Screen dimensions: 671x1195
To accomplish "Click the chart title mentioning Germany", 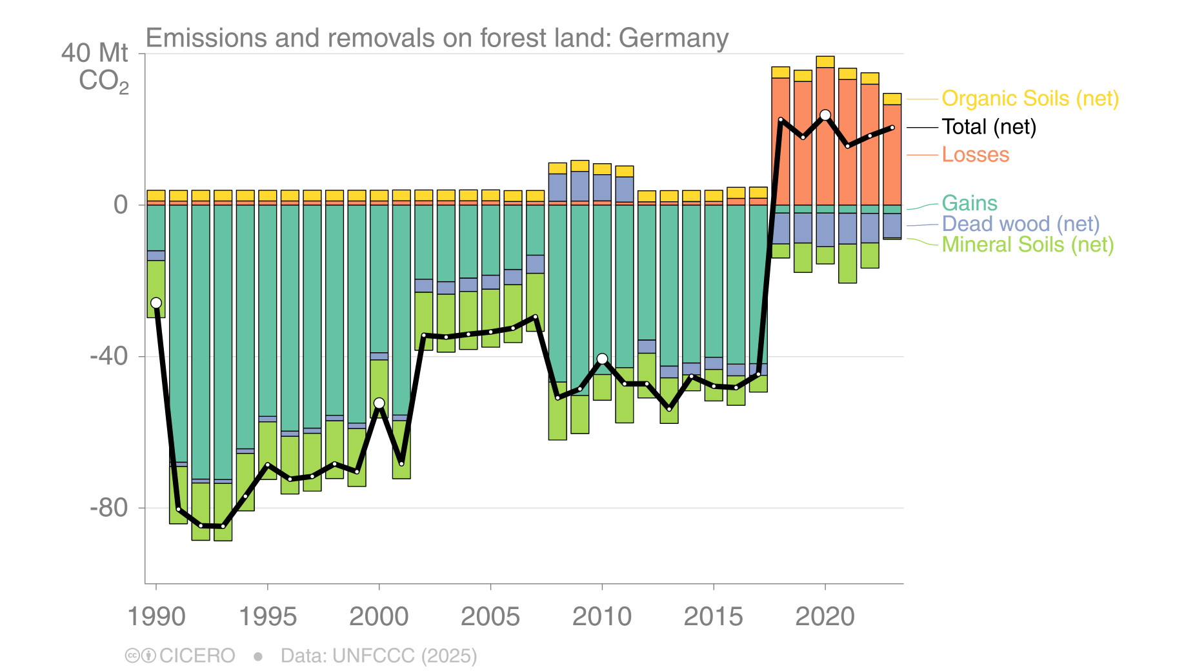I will pos(437,38).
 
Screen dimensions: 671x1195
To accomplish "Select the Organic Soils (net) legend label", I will pos(1030,99).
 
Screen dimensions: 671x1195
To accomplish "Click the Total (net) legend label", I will pos(989,127).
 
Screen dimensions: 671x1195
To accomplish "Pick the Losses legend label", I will pos(975,155).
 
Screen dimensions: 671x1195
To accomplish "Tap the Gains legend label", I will pos(969,203).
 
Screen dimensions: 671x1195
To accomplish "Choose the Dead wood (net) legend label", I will pos(1020,224).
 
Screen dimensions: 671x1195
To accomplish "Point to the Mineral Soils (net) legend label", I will pos(1027,245).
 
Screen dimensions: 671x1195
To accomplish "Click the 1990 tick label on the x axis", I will pos(156,617).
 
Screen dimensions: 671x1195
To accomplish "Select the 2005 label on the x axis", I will pos(490,617).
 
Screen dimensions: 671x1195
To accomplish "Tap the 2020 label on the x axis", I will pos(825,617).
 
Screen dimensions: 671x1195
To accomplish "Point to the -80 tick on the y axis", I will pos(109,508).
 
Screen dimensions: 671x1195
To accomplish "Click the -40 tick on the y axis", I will pos(109,356).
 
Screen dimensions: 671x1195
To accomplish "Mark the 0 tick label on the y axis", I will pos(121,205).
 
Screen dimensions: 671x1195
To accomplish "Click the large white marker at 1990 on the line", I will pos(156,303).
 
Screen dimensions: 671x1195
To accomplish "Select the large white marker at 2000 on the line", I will pos(379,403).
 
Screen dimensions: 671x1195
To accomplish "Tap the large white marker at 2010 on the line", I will pos(602,359).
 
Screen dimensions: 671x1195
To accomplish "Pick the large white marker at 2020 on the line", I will pos(825,115).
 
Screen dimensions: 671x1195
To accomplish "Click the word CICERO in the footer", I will pos(197,656).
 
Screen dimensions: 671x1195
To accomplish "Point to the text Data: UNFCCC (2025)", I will pos(379,656).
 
